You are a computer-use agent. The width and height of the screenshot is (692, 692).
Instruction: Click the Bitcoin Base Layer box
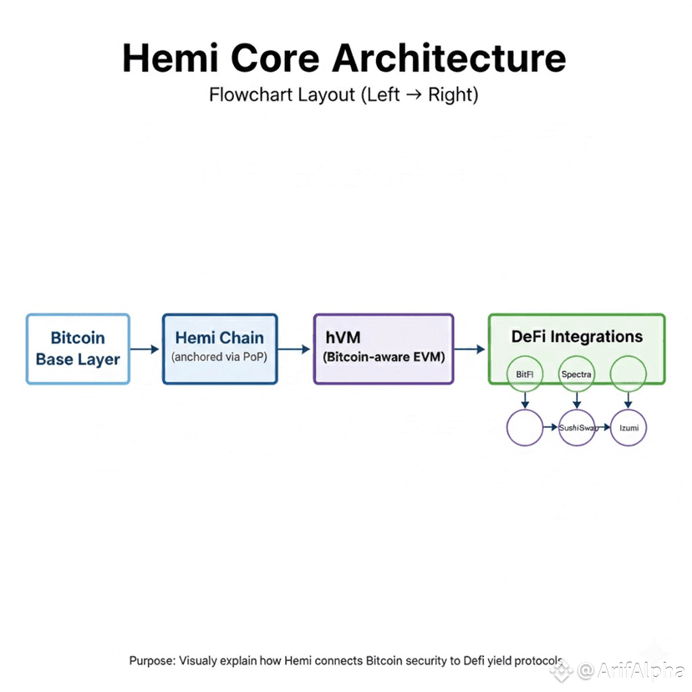point(78,349)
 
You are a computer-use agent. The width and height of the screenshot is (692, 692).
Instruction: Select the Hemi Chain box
point(220,349)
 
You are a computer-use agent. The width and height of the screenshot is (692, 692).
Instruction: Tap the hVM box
point(384,349)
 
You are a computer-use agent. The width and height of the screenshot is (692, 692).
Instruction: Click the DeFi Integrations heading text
point(577,337)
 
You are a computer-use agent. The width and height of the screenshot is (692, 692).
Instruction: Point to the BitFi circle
point(526,374)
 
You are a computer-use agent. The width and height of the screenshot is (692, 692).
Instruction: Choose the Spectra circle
point(577,374)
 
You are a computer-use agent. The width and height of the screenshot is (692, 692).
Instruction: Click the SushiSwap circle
point(577,428)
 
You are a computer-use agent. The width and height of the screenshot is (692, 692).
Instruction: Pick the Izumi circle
point(628,428)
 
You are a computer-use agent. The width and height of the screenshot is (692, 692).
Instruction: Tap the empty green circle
point(628,374)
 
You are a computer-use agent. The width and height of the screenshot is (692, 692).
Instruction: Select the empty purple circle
point(526,428)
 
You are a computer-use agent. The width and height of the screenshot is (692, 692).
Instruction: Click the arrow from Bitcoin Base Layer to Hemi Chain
point(145,349)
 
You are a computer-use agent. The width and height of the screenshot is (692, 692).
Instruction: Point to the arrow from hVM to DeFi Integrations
point(470,349)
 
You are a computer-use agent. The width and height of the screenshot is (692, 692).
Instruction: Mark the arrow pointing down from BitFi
point(526,399)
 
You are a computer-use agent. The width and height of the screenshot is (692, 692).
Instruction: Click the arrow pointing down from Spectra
point(577,399)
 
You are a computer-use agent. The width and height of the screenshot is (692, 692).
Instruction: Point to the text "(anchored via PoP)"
point(220,357)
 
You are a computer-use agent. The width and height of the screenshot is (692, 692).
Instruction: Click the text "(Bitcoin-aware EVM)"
point(384,357)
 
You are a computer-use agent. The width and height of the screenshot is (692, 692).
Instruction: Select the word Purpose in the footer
point(152,660)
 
